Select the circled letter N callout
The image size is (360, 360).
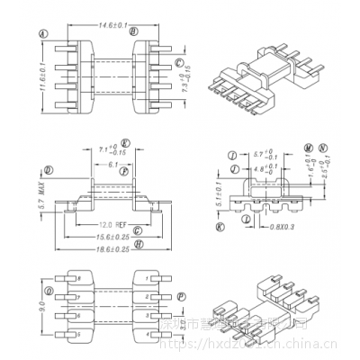pyautogui.click(x=322, y=145)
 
